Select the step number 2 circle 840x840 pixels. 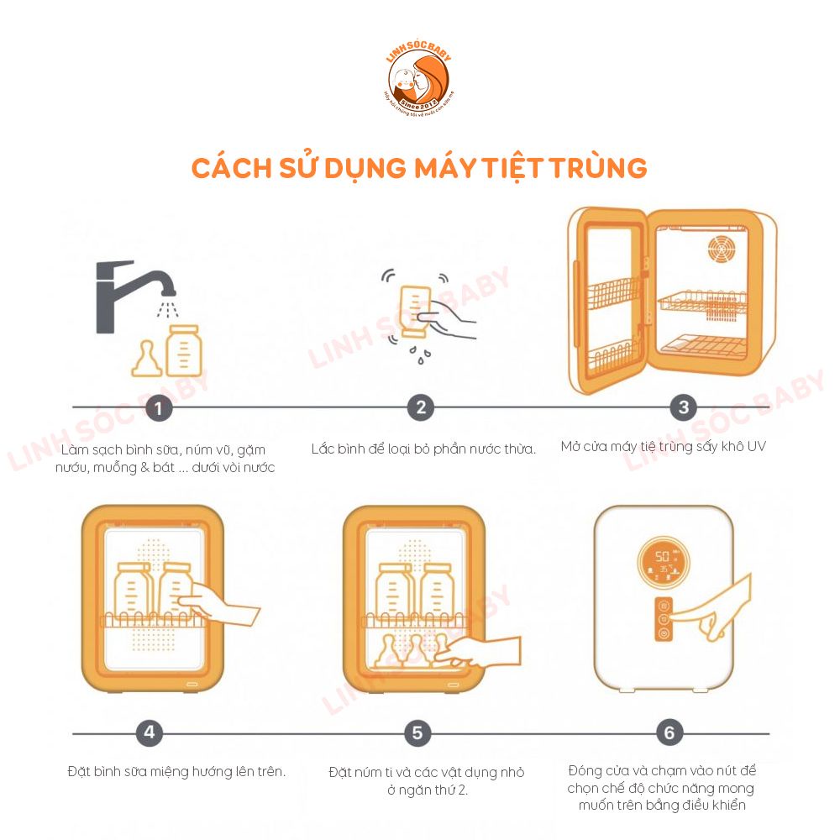tap(420, 408)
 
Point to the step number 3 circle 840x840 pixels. tap(683, 407)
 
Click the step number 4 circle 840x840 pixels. tap(149, 732)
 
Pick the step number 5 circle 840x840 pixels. tap(417, 732)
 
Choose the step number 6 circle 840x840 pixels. tap(669, 732)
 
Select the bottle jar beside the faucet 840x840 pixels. tap(182, 350)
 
